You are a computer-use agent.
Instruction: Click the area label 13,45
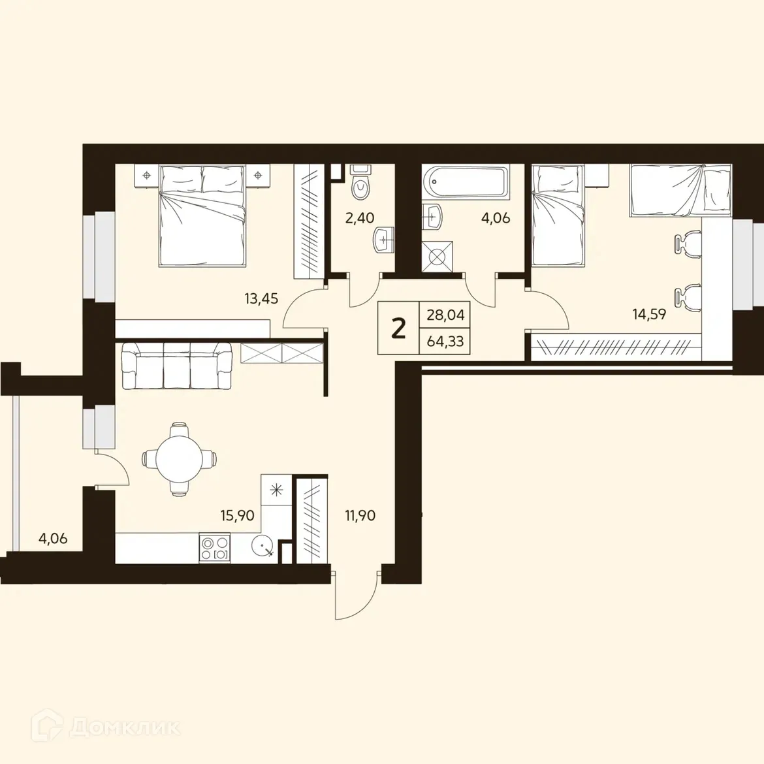(261, 299)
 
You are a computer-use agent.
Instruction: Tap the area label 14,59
(649, 314)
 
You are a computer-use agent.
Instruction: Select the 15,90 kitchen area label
(237, 515)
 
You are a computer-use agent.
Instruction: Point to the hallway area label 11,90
(360, 515)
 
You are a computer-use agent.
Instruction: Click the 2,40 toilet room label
(359, 217)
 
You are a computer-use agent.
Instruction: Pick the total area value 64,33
(445, 341)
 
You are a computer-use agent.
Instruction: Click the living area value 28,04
(445, 315)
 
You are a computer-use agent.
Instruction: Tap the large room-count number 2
(398, 328)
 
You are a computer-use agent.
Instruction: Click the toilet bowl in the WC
(360, 184)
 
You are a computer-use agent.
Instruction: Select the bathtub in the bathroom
(465, 182)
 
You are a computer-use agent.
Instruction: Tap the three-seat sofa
(177, 366)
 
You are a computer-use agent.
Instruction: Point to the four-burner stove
(215, 547)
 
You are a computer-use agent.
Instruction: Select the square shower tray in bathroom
(437, 256)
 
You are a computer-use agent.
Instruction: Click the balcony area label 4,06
(53, 539)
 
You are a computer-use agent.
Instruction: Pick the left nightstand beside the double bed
(146, 176)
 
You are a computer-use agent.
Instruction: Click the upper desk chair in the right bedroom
(687, 244)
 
